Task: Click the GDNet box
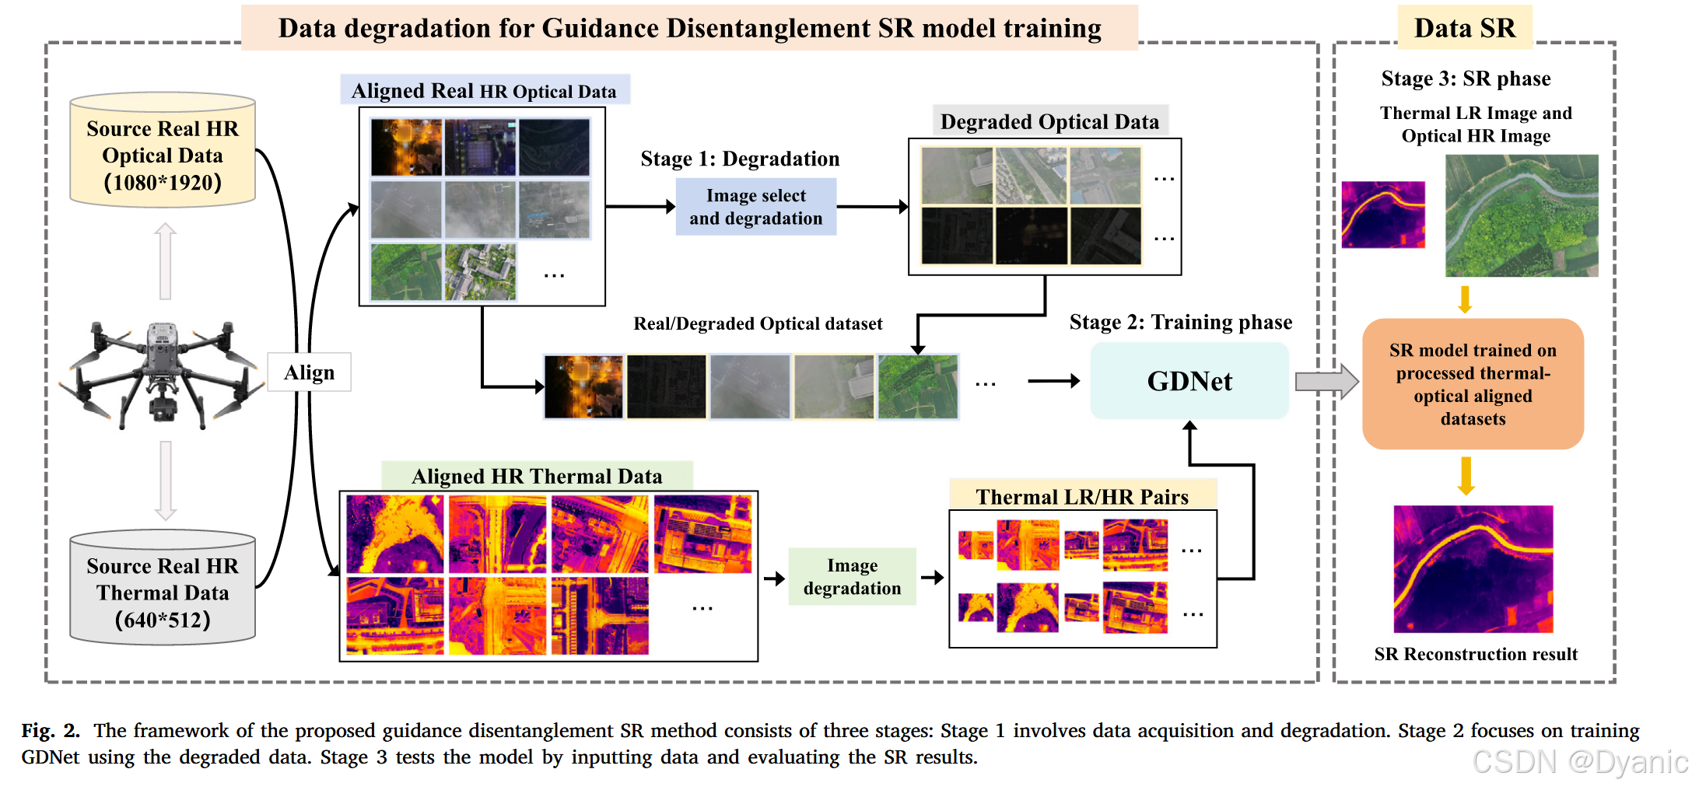tap(1189, 381)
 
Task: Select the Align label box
tap(309, 372)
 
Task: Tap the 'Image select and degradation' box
tap(755, 207)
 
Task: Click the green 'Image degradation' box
tap(852, 577)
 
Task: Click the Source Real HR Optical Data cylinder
tap(163, 152)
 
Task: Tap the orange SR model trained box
tap(1472, 384)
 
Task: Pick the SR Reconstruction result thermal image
tap(1473, 569)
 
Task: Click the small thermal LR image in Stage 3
tap(1383, 215)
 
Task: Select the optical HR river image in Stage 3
tap(1521, 215)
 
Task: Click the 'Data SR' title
tap(1464, 28)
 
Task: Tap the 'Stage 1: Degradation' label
tap(740, 159)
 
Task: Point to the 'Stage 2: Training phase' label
tap(1180, 322)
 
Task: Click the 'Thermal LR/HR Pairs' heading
tap(1082, 497)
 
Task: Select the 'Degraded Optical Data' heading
tap(1049, 121)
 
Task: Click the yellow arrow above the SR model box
tap(1465, 299)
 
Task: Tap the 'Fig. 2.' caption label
tap(51, 730)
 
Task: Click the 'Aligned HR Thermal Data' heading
tap(537, 476)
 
